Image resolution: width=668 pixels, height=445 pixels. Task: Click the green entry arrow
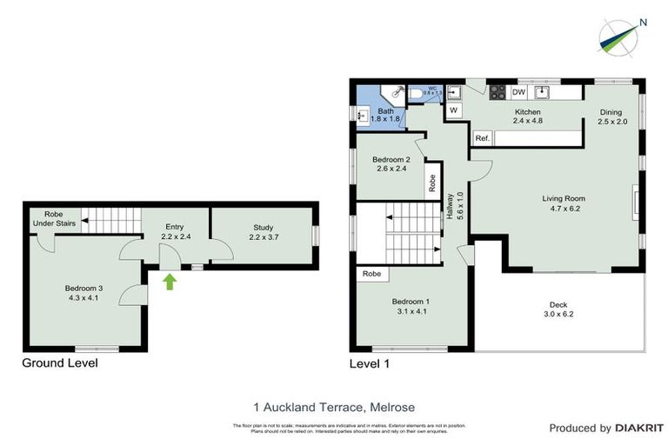pos(170,280)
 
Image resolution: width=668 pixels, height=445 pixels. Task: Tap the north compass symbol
pos(621,36)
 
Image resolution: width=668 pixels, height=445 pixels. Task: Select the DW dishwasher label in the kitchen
pos(518,92)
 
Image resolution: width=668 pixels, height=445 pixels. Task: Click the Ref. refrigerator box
pos(483,138)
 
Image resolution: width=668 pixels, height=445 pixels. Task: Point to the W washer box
pos(453,110)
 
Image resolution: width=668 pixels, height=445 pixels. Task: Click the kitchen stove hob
pos(498,92)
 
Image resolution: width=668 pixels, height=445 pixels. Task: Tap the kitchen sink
pos(545,91)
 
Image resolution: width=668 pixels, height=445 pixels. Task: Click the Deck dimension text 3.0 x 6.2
pos(558,315)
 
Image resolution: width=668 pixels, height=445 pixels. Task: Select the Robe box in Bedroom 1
pos(371,273)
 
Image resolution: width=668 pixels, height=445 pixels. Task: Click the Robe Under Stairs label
pos(54,218)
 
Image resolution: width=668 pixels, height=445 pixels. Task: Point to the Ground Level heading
pos(59,362)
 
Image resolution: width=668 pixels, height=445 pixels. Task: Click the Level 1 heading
pos(369,363)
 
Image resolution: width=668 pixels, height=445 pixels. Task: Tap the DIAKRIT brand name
pos(640,428)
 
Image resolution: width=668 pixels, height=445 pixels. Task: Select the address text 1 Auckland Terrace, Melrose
pos(333,406)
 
